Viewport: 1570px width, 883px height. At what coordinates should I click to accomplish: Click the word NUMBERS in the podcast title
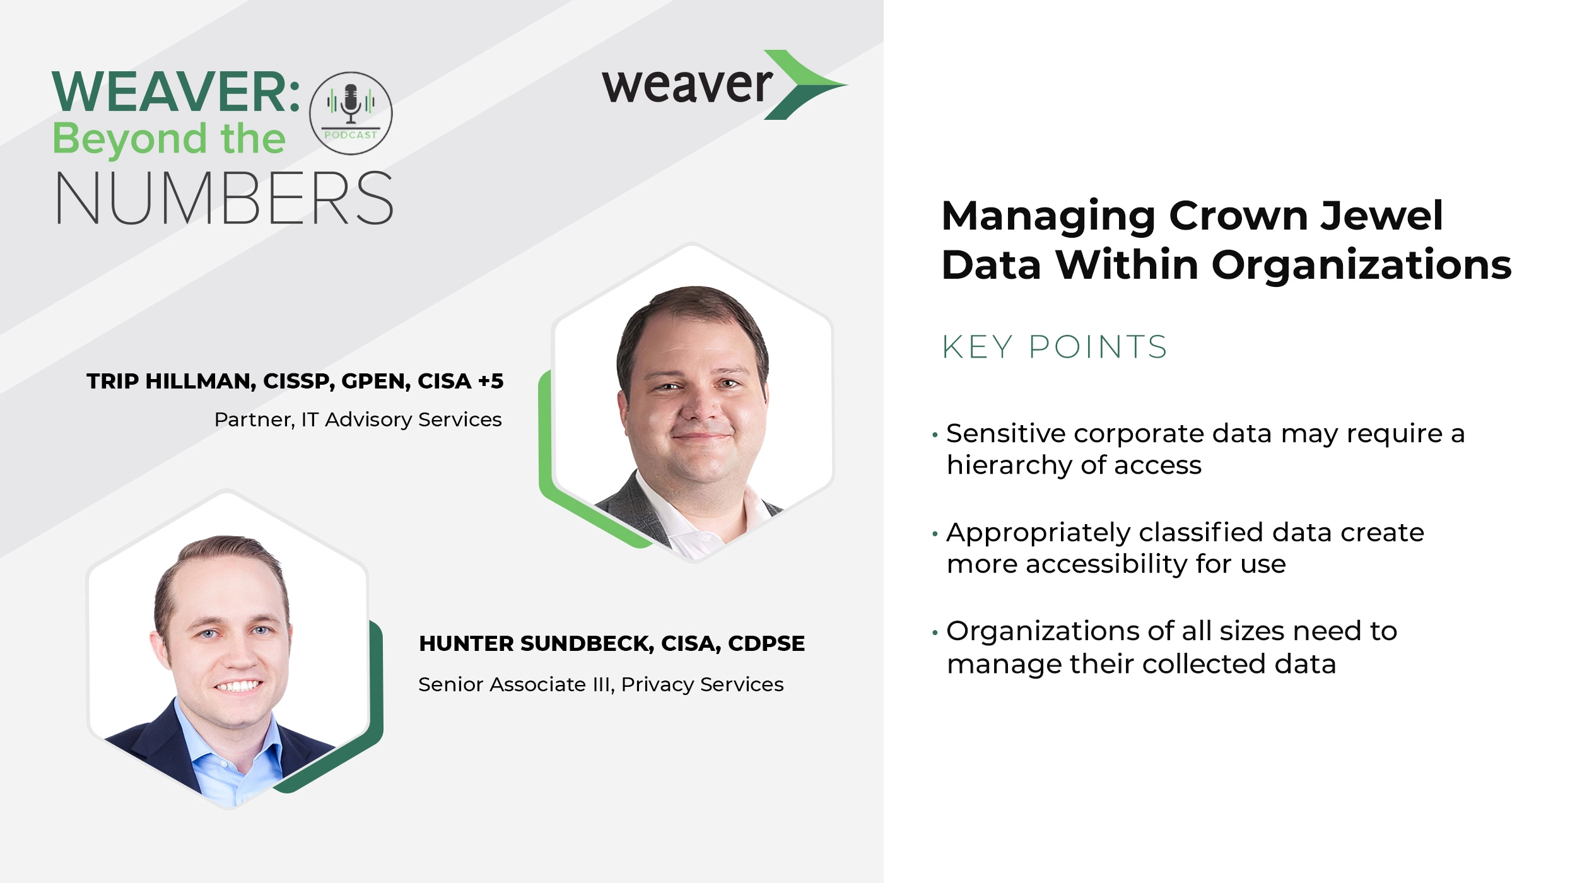point(224,198)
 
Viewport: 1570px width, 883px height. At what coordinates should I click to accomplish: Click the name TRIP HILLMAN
point(170,382)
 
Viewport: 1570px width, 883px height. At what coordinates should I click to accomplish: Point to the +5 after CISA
point(490,382)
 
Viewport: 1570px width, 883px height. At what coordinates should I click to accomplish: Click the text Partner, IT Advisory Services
point(358,420)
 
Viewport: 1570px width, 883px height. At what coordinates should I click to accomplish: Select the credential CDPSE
point(766,644)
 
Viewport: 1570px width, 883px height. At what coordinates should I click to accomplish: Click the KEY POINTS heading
point(1054,348)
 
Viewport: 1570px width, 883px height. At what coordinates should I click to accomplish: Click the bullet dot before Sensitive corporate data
point(935,435)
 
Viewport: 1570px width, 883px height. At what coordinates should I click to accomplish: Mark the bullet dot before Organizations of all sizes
point(935,633)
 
